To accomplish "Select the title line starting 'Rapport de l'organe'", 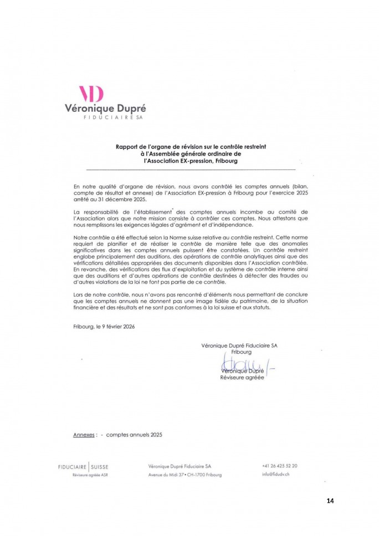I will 191,147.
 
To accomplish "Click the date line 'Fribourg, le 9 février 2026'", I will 104,327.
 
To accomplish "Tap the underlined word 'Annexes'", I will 84,435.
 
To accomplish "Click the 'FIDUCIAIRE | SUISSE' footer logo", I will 84,467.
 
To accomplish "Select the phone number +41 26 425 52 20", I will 279,466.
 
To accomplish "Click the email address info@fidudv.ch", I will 276,475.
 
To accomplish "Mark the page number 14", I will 330,501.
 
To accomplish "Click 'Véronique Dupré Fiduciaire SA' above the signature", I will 239,345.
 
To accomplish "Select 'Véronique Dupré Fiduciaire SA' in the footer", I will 180,466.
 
